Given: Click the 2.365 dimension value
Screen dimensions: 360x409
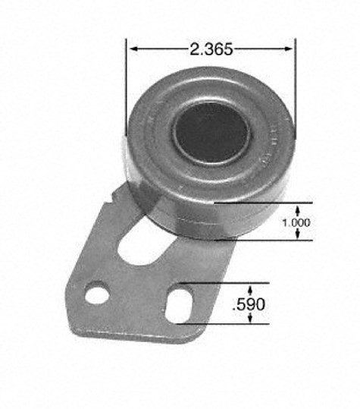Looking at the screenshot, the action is coord(211,49).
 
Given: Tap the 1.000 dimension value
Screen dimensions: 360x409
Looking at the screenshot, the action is coord(296,222).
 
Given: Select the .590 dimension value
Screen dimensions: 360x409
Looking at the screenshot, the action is coord(249,304).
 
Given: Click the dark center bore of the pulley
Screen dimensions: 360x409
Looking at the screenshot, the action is coord(211,134).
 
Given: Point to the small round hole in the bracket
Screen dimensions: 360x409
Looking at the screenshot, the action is coord(97,296).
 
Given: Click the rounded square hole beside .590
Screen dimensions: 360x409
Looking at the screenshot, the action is coord(179,306).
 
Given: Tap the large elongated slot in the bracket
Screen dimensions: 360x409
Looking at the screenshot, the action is coord(146,244).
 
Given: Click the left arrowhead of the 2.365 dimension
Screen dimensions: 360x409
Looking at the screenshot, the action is coord(133,49).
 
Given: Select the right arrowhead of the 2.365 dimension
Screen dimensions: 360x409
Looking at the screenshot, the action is coord(289,49).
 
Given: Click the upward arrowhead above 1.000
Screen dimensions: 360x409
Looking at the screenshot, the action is coord(298,209).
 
